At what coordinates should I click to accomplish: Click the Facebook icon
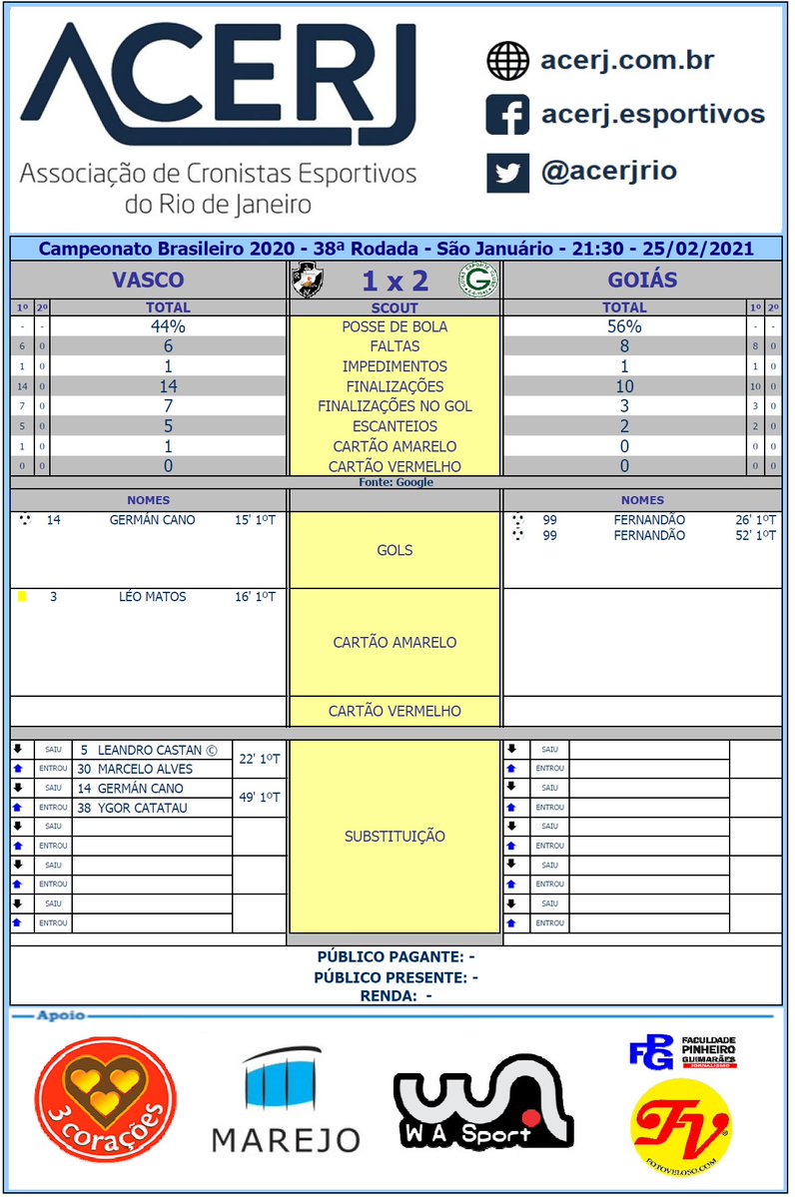[x=507, y=115]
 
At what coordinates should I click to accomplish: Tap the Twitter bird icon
[x=507, y=172]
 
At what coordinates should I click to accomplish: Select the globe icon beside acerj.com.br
[x=507, y=60]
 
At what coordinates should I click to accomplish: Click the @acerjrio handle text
[x=608, y=171]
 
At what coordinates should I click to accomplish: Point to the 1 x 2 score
[x=395, y=281]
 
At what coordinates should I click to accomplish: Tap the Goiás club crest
[x=479, y=281]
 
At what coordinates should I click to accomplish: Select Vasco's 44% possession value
[x=168, y=326]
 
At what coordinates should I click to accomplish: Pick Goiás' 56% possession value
[x=624, y=326]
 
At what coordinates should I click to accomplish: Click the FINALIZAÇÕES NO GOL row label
[x=395, y=406]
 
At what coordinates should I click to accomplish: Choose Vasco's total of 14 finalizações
[x=168, y=386]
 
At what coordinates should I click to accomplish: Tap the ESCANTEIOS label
[x=395, y=426]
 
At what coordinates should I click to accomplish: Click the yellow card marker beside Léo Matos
[x=22, y=597]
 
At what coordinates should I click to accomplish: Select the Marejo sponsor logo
[x=286, y=1101]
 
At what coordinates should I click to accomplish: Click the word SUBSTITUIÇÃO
[x=395, y=836]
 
